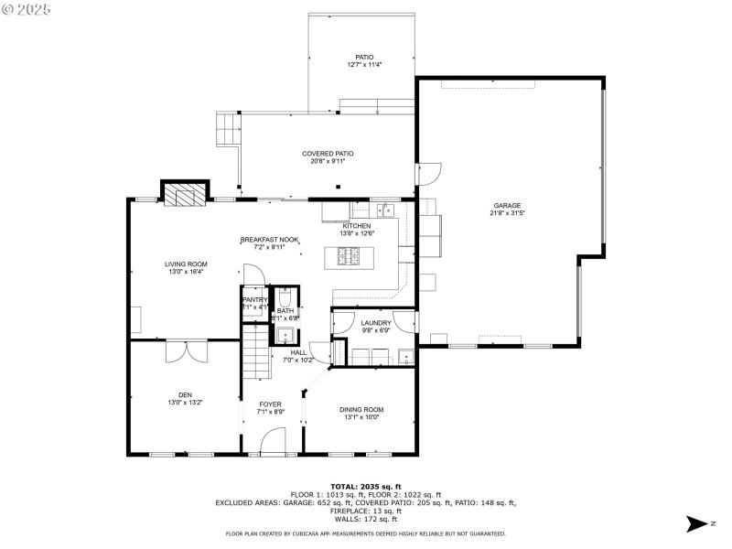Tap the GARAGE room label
click(507, 205)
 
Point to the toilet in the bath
click(285, 298)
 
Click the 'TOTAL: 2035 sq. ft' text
click(365, 486)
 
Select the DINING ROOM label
click(361, 409)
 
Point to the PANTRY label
click(254, 300)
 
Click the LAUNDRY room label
click(376, 323)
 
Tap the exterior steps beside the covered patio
click(228, 129)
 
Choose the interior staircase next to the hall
click(256, 357)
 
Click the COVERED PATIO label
click(328, 154)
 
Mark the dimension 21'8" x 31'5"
click(507, 213)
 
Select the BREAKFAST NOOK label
click(270, 239)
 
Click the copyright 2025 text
click(27, 8)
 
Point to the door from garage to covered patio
click(426, 173)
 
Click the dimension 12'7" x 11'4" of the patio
click(364, 65)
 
